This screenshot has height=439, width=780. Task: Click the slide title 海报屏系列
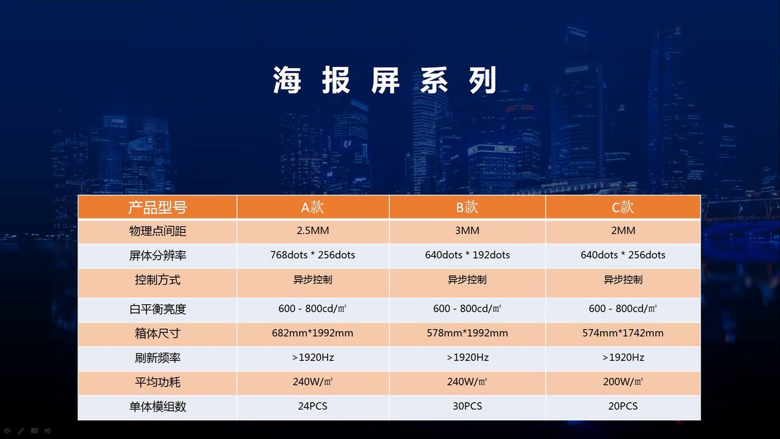click(385, 80)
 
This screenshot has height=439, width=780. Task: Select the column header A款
click(313, 207)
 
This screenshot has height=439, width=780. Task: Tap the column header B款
click(467, 207)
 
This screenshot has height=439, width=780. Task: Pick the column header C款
click(623, 207)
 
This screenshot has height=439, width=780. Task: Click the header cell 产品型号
click(157, 207)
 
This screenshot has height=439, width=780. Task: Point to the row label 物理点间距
click(157, 231)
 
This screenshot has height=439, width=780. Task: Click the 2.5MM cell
click(313, 231)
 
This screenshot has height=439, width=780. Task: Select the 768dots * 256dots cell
click(313, 255)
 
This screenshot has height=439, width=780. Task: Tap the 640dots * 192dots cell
click(467, 255)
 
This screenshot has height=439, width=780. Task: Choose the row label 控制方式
click(157, 280)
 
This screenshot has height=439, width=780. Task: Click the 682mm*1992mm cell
click(313, 333)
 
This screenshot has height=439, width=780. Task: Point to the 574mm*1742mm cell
click(623, 333)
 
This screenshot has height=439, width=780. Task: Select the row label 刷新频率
click(157, 358)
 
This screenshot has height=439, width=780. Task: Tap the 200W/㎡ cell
click(623, 382)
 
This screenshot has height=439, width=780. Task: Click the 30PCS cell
click(467, 406)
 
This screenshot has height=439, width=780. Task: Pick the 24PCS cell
click(313, 406)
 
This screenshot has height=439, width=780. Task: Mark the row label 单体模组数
click(157, 406)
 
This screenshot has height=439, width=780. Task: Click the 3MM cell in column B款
click(467, 231)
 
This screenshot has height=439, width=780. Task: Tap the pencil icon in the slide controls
click(21, 431)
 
